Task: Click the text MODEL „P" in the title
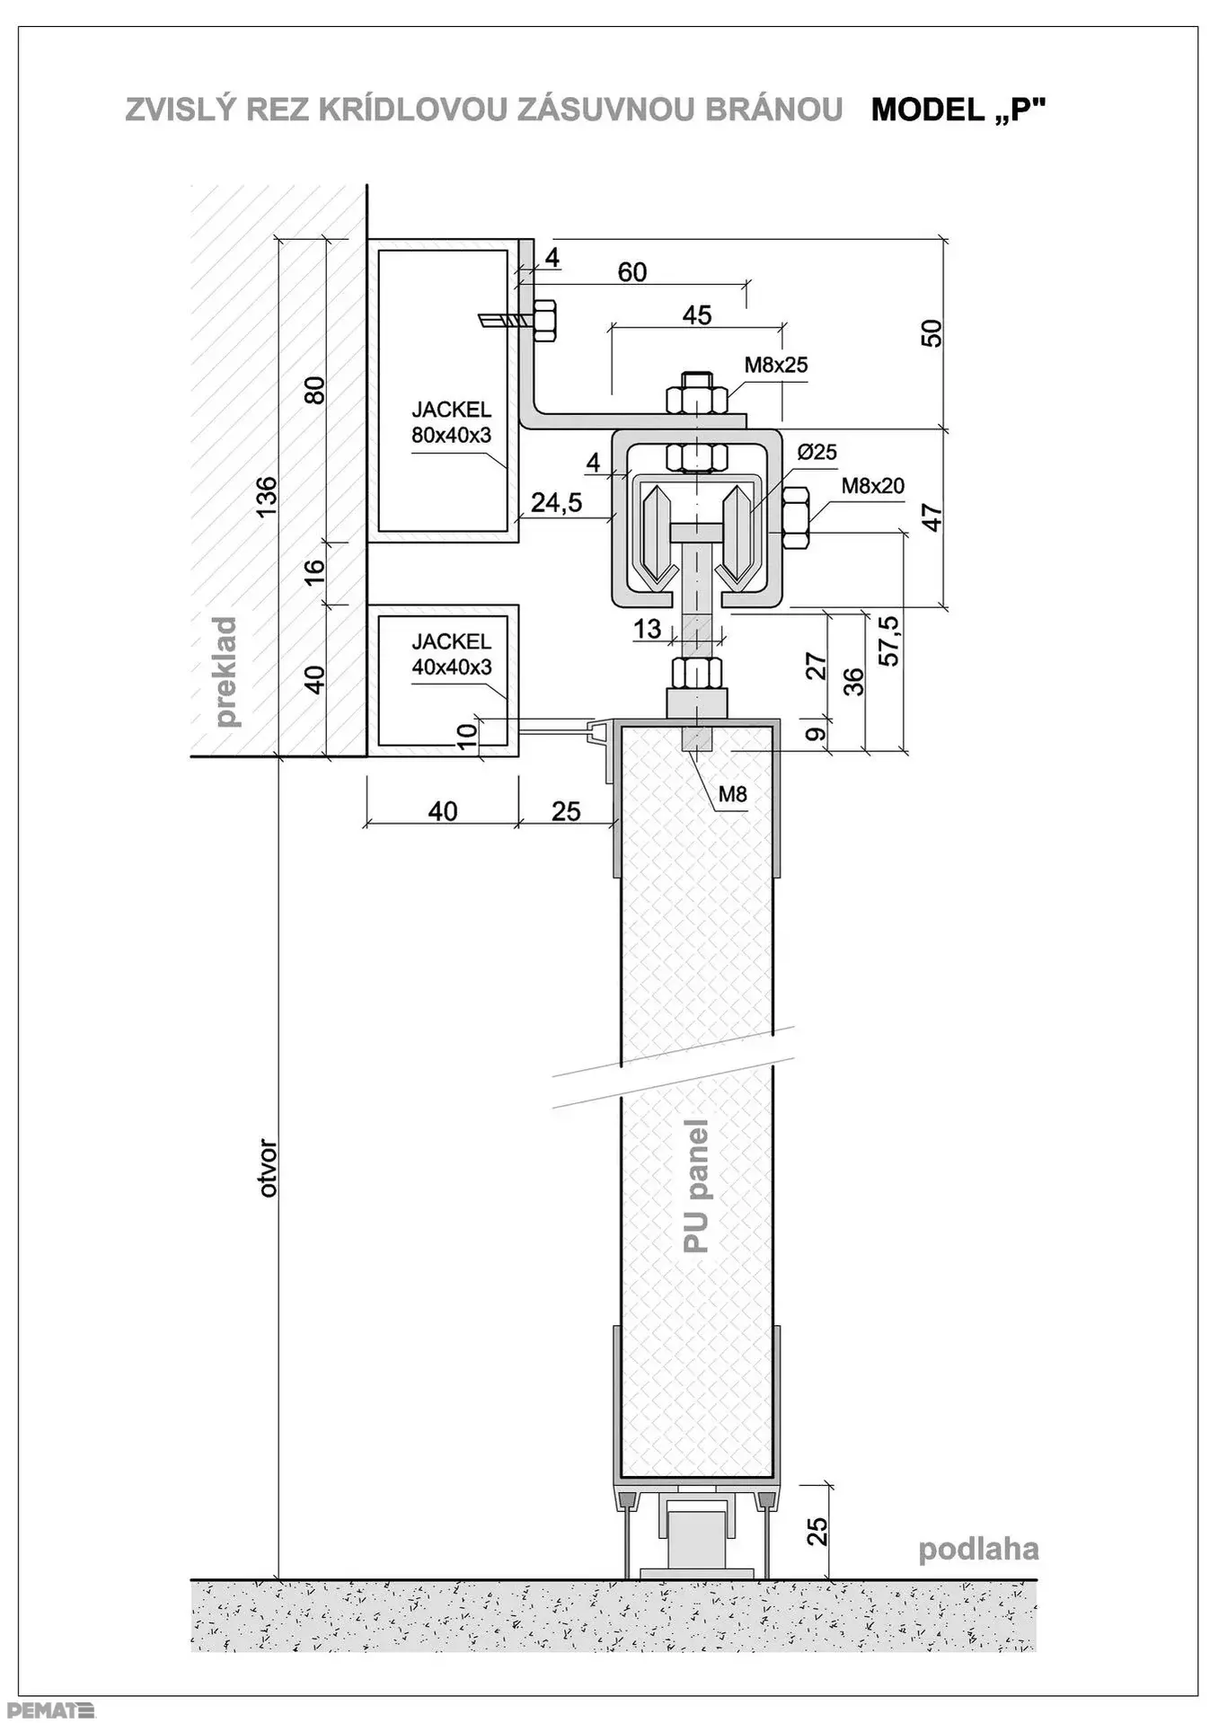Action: coord(958,110)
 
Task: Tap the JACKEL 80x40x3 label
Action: coord(452,422)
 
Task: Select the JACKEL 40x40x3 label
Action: coord(452,654)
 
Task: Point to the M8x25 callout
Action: coord(776,365)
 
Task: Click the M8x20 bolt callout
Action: coord(873,486)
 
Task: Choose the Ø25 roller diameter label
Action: coord(816,452)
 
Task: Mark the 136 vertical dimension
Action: coord(267,497)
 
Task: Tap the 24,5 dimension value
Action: coord(556,503)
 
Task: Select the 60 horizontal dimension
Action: coord(632,272)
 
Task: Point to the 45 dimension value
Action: coord(697,315)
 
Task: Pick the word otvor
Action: coord(268,1168)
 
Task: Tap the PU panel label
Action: coord(696,1186)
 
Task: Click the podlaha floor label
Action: coord(978,1549)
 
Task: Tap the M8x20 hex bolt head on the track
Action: coord(797,517)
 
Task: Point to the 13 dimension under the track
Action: coord(647,629)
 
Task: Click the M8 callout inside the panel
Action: coord(733,794)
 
